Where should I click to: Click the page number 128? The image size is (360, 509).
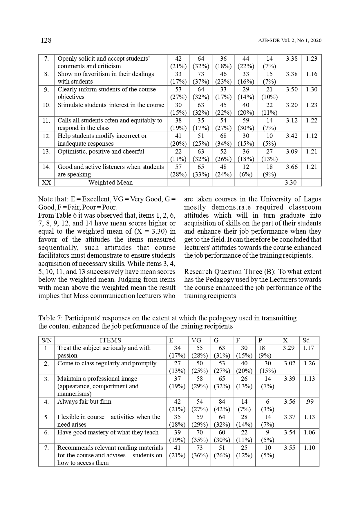[x=46, y=40]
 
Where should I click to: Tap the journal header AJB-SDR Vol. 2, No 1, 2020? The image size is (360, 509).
[x=290, y=41]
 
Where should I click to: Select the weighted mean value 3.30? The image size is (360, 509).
[x=291, y=183]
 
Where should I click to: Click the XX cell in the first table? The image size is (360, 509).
[x=46, y=183]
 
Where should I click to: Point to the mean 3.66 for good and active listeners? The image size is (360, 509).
[x=292, y=167]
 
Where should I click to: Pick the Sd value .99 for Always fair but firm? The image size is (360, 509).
[x=310, y=402]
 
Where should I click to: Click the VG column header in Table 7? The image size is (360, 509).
[x=196, y=340]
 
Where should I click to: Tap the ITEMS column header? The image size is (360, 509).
[x=110, y=340]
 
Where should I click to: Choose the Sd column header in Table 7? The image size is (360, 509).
[x=306, y=340]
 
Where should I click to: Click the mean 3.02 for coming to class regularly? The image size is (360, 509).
[x=290, y=363]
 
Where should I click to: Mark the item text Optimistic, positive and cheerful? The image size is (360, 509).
[x=101, y=151]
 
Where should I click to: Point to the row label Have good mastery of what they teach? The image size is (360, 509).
[x=108, y=432]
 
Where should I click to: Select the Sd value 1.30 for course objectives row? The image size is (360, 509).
[x=312, y=89]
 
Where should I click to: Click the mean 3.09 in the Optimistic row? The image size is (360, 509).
[x=292, y=151]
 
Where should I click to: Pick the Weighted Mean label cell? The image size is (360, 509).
[x=111, y=183]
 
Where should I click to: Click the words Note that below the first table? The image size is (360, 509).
[x=53, y=199]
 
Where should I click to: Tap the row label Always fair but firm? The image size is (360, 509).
[x=84, y=402]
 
